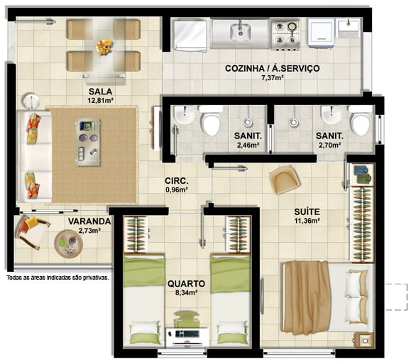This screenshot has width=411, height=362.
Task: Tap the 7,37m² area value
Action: click(273, 78)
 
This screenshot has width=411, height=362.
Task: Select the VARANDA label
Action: click(89, 221)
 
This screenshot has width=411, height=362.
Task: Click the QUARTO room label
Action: click(186, 284)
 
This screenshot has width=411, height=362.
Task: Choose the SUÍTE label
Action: click(307, 212)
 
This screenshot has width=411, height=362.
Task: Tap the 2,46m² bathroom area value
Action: click(248, 145)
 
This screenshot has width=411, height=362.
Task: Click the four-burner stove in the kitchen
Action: click(285, 34)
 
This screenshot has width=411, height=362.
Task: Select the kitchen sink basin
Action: click(241, 32)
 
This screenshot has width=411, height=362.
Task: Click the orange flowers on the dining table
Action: click(104, 47)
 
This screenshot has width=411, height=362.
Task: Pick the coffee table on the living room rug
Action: click(88, 142)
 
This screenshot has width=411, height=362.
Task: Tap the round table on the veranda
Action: click(69, 244)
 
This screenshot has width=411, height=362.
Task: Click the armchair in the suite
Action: click(284, 180)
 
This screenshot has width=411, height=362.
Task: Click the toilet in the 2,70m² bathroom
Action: click(361, 121)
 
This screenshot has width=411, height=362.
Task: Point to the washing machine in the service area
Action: click(322, 33)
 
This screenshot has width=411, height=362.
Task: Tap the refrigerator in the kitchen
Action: click(190, 35)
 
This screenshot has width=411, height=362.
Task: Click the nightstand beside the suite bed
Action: click(364, 340)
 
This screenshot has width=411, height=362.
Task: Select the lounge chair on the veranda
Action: click(32, 231)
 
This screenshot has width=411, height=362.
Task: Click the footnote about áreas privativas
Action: click(57, 278)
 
